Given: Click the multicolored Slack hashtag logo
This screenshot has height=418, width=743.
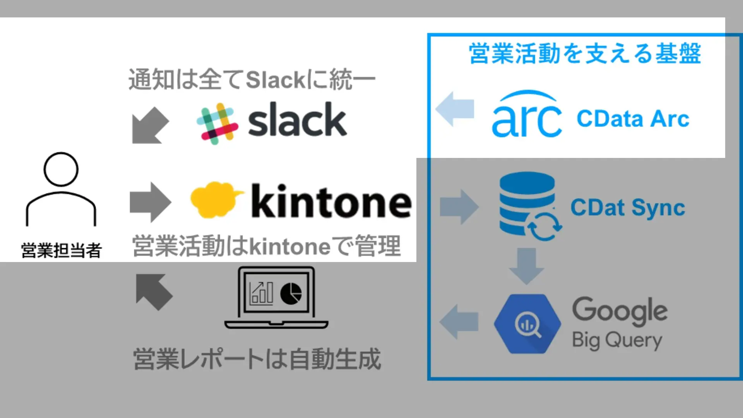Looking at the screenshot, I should click(x=217, y=123).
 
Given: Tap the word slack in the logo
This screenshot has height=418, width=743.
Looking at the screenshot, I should click(x=297, y=120).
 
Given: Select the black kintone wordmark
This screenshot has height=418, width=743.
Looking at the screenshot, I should click(x=331, y=201).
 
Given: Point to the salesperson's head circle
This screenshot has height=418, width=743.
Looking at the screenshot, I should click(x=61, y=169).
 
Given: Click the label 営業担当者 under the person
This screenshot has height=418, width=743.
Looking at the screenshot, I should click(x=61, y=250).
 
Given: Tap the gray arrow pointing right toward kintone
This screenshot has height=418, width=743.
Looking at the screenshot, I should click(x=150, y=202).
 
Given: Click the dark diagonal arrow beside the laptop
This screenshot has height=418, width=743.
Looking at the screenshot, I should click(x=153, y=292).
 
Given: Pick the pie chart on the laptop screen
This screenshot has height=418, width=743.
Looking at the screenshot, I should click(x=291, y=293).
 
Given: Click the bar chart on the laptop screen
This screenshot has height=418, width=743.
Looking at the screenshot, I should click(x=262, y=293).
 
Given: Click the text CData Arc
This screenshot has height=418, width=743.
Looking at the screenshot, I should click(x=633, y=118).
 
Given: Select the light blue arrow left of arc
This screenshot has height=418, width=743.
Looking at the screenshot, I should click(x=455, y=109).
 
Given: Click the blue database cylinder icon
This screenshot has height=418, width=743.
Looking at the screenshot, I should click(x=527, y=203).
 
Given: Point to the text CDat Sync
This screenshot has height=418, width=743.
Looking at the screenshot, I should click(x=627, y=208).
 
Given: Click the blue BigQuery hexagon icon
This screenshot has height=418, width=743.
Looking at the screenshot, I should click(x=527, y=324).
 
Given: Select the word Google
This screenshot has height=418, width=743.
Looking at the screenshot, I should click(x=620, y=311).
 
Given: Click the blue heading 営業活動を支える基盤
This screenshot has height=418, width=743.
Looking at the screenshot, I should click(x=585, y=53).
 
